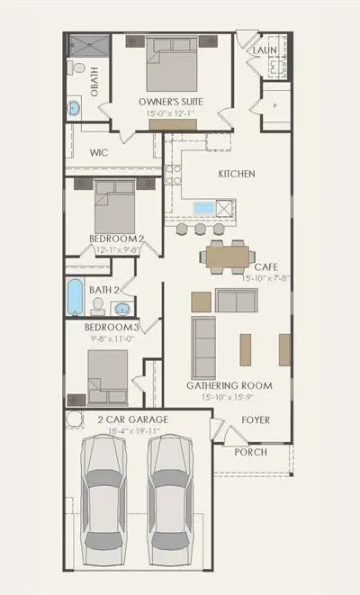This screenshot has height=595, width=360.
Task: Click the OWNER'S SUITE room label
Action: click(171, 102)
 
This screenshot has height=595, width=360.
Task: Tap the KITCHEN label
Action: click(237, 174)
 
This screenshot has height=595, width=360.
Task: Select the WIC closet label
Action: click(99, 152)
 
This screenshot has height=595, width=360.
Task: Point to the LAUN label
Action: click(265, 50)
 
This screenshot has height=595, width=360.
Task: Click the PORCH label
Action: click(250, 452)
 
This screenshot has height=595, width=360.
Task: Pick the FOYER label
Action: click(256, 420)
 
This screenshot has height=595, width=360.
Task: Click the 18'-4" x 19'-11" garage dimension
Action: click(135, 430)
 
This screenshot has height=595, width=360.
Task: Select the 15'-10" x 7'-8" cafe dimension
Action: click(265, 278)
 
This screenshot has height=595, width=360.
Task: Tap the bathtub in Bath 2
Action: click(75, 297)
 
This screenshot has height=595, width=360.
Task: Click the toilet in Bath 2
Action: click(98, 307)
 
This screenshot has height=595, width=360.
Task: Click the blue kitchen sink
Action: click(204, 208)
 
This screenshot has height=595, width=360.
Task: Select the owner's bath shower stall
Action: click(89, 45)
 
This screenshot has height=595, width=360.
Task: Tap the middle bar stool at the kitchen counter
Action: click(201, 229)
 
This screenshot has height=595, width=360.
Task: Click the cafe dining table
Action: click(228, 257)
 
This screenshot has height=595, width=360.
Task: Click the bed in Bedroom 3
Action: click(108, 377)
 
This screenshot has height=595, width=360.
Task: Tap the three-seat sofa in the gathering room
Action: click(203, 347)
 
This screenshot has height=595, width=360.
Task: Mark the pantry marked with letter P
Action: click(276, 106)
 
